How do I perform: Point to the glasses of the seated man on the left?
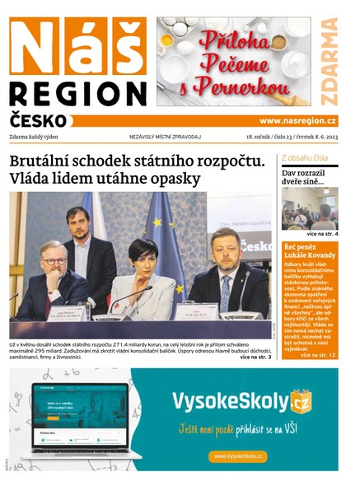pos(54,261)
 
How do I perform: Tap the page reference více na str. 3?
pos(255,357)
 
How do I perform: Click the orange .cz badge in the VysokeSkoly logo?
pos(302,402)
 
